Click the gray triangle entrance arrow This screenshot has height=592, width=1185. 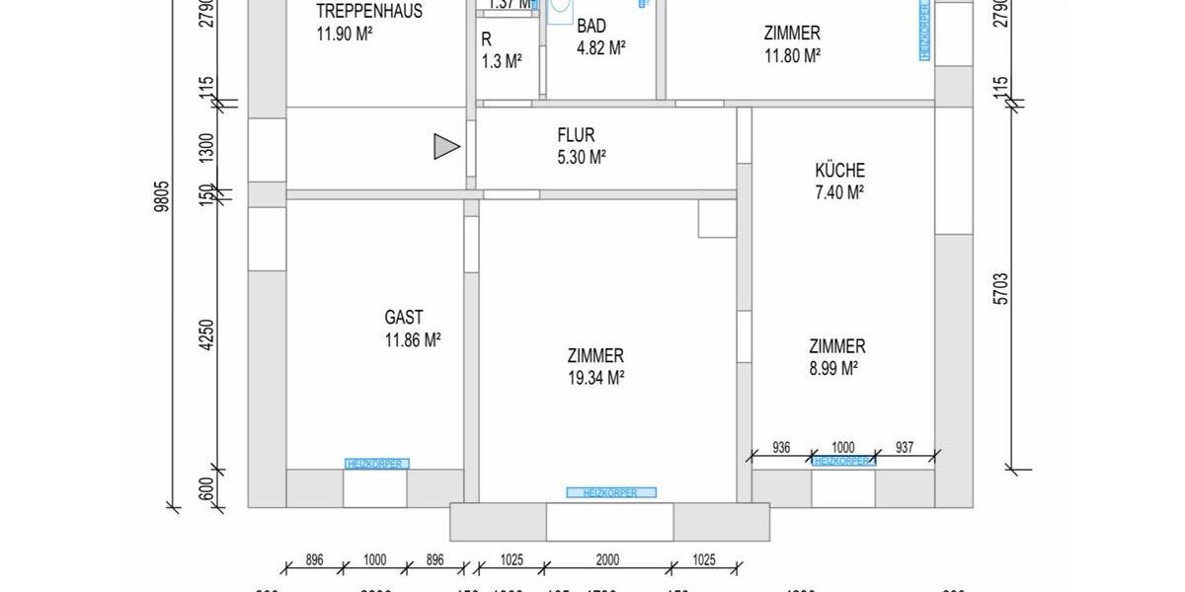click(446, 148)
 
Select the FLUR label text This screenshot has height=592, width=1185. click(576, 135)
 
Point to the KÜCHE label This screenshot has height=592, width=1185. click(839, 171)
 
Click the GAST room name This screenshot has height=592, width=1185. click(404, 318)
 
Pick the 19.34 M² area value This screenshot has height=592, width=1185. click(595, 377)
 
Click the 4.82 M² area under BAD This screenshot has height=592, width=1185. click(601, 48)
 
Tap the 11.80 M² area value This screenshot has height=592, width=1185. click(793, 56)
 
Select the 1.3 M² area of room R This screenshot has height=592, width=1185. click(502, 62)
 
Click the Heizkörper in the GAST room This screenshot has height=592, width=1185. click(376, 464)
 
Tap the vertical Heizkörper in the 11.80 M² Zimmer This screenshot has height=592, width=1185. click(924, 30)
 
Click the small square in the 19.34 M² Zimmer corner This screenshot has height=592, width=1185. click(717, 219)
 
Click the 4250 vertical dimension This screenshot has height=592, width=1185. click(205, 334)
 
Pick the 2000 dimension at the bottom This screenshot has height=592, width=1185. click(607, 559)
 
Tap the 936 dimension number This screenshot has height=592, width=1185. click(781, 446)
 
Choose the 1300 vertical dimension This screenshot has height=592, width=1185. click(205, 149)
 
